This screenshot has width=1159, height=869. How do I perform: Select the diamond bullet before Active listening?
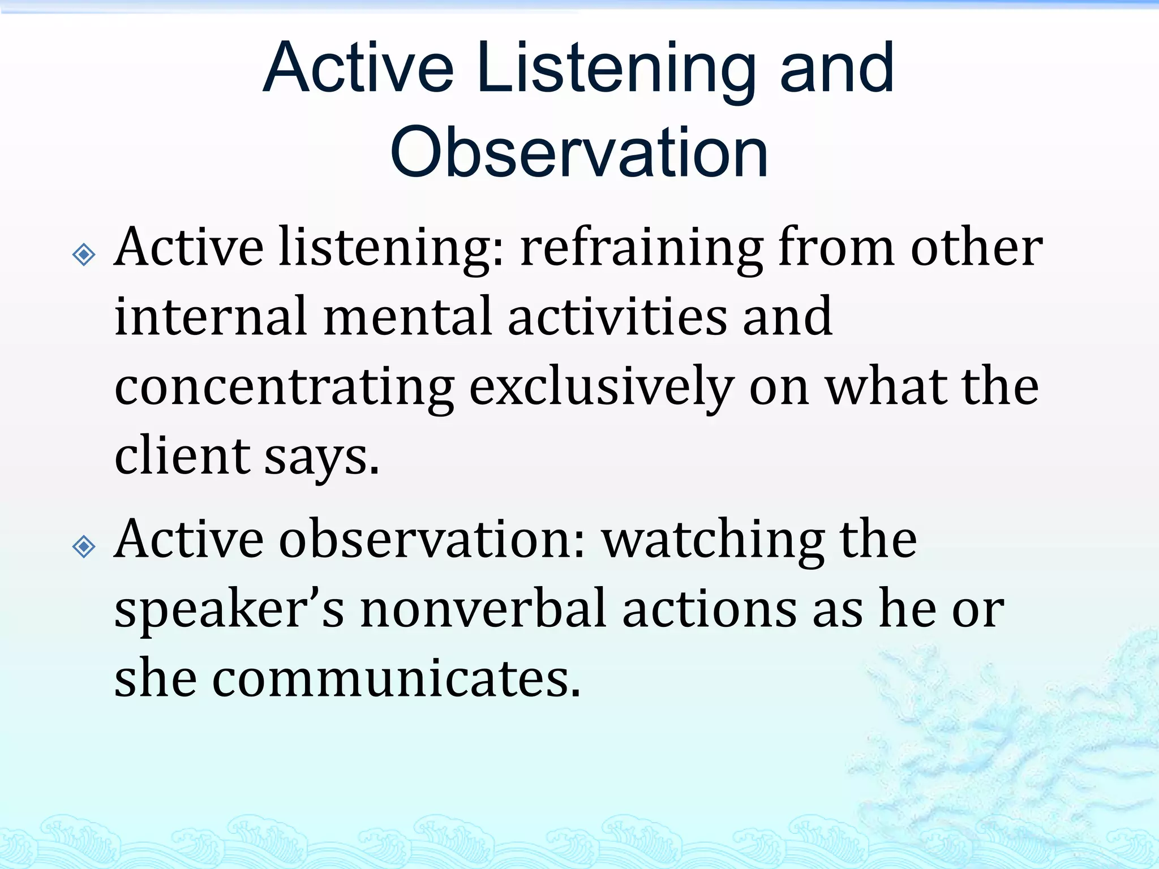tap(84, 255)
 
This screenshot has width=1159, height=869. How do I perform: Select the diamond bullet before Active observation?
tap(84, 547)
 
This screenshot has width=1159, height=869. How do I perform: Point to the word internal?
tap(211, 317)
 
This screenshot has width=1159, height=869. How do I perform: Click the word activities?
tap(617, 317)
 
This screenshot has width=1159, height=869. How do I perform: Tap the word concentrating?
tap(284, 388)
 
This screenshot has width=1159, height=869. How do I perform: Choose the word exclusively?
tap(601, 388)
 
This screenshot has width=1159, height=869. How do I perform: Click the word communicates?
tap(396, 679)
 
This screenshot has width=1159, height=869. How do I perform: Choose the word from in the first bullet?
tap(836, 248)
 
